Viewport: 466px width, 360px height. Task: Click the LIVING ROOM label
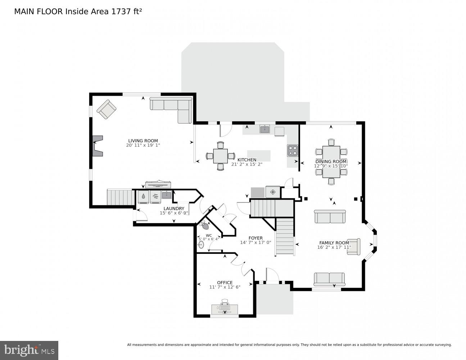tap(143, 141)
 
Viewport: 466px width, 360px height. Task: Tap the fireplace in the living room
tap(97, 146)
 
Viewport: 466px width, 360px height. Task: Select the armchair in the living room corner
tap(107, 109)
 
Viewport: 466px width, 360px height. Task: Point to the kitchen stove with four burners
tap(293, 150)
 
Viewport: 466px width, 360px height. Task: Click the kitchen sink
tap(265, 129)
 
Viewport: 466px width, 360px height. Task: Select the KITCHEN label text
tap(246, 160)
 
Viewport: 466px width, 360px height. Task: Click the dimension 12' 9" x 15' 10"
tap(331, 166)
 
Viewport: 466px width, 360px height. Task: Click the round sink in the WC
tap(201, 245)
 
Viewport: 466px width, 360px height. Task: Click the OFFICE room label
tap(225, 283)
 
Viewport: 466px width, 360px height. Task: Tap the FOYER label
tap(255, 238)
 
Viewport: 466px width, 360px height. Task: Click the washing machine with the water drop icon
tap(144, 197)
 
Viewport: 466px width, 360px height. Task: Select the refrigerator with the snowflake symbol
tap(273, 192)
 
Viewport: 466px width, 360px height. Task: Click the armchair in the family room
tap(354, 247)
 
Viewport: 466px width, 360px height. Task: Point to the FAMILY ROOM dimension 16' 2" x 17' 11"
tap(334, 247)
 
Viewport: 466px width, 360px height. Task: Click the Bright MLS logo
tap(29, 350)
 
